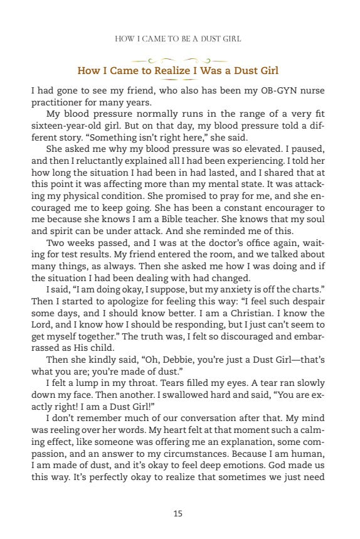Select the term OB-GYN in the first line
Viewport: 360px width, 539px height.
tap(275, 90)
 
